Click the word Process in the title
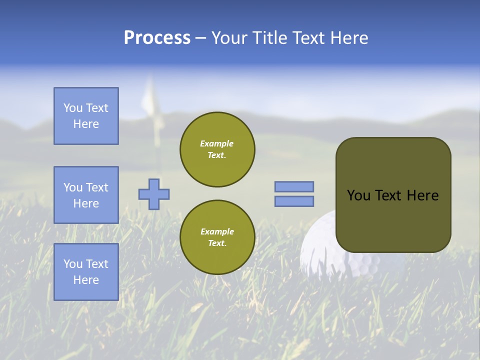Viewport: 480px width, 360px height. pyautogui.click(x=157, y=38)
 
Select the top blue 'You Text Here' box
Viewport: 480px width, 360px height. pyautogui.click(x=86, y=116)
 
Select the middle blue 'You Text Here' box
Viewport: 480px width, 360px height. pyautogui.click(x=86, y=195)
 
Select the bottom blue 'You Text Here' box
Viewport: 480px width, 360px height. pyautogui.click(x=86, y=271)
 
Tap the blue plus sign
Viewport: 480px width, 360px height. pyautogui.click(x=154, y=194)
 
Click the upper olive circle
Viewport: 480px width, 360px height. pyautogui.click(x=217, y=149)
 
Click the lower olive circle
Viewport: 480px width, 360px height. pyautogui.click(x=217, y=237)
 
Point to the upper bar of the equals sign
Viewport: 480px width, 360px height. pyautogui.click(x=294, y=186)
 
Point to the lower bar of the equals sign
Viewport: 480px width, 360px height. pyautogui.click(x=294, y=201)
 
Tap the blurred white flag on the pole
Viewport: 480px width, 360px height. pyautogui.click(x=149, y=97)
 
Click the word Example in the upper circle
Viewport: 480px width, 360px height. pyautogui.click(x=216, y=143)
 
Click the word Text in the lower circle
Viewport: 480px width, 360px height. pyautogui.click(x=216, y=243)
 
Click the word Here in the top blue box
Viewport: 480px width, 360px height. pyautogui.click(x=86, y=124)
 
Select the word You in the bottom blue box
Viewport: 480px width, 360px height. pyautogui.click(x=72, y=264)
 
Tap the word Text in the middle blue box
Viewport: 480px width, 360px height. pyautogui.click(x=97, y=187)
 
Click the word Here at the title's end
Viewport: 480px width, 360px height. pyautogui.click(x=348, y=38)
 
